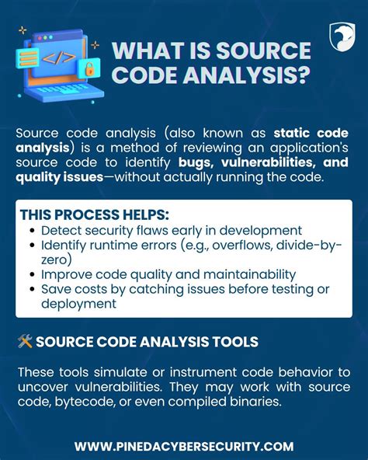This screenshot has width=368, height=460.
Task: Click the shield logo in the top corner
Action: tap(340, 37)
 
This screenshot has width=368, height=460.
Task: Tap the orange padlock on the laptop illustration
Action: tap(89, 69)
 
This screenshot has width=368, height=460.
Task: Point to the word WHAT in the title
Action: tap(145, 52)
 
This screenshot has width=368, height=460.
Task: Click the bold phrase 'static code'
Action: tap(311, 134)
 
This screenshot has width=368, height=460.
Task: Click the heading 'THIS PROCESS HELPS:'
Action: tap(93, 214)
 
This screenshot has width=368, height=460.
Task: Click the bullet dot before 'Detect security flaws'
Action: tap(31, 231)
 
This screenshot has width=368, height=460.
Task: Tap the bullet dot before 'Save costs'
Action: tap(31, 288)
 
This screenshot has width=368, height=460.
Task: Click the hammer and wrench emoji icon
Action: tap(23, 342)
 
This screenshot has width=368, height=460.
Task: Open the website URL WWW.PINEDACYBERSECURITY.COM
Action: tap(184, 446)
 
